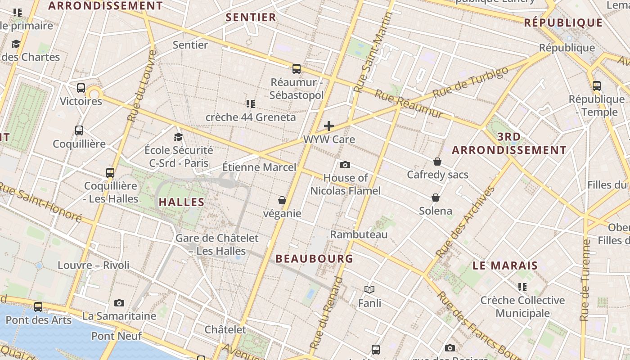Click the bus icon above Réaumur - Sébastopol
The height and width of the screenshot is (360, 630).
click(x=297, y=68)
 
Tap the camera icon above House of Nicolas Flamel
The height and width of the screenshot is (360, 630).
click(x=345, y=165)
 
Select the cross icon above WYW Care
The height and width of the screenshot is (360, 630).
click(x=329, y=126)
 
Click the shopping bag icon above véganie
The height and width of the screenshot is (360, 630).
click(x=282, y=200)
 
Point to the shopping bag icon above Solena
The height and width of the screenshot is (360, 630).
click(x=436, y=197)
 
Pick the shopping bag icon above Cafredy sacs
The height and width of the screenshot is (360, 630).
click(x=437, y=161)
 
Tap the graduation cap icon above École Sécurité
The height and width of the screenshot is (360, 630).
click(x=179, y=136)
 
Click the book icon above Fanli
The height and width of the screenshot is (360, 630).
click(x=369, y=289)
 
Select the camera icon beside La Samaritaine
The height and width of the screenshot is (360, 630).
click(x=119, y=303)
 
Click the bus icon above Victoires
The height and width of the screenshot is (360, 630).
click(x=81, y=88)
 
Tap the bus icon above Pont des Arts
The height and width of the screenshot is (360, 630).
click(x=38, y=307)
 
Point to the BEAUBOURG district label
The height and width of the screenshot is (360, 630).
click(x=314, y=259)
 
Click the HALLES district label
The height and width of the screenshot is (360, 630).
click(x=182, y=202)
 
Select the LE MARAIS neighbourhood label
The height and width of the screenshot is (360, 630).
click(x=505, y=265)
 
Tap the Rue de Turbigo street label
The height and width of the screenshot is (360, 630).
click(x=470, y=82)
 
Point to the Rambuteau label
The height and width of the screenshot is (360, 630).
click(x=359, y=234)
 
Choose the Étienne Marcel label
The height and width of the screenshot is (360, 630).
click(x=260, y=167)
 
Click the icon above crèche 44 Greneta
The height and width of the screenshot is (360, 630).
click(x=251, y=104)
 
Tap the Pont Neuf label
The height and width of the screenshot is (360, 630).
click(x=117, y=336)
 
